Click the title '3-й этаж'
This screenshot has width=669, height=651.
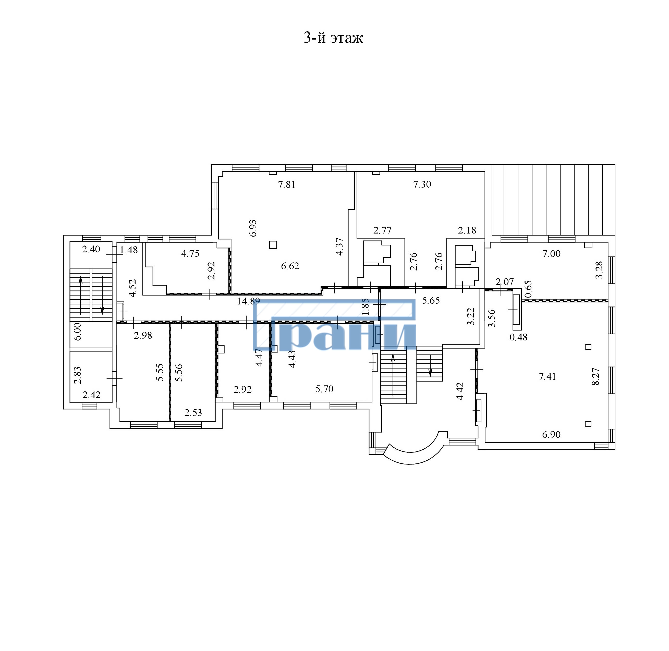[333, 38]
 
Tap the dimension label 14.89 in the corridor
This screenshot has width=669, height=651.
[249, 301]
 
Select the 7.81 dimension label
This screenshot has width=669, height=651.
[287, 185]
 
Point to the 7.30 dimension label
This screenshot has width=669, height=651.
[422, 184]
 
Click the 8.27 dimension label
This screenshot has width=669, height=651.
[595, 376]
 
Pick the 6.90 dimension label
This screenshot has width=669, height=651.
[551, 435]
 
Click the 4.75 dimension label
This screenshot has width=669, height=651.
[190, 253]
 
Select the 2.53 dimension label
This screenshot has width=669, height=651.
[193, 413]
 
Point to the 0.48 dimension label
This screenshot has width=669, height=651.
[518, 337]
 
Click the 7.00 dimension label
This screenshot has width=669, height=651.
[552, 254]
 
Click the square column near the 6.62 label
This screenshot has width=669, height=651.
[273, 244]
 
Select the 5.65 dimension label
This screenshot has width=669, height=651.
[431, 301]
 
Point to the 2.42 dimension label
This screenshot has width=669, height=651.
[92, 395]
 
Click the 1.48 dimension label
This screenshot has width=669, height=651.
[129, 250]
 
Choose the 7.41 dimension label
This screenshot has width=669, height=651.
[548, 376]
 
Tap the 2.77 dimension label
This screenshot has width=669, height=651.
[382, 230]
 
